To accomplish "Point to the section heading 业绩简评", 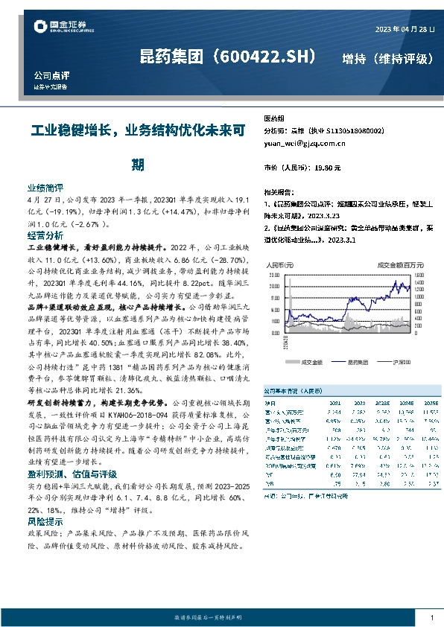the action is (x=45, y=188).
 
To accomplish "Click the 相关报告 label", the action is (x=279, y=191).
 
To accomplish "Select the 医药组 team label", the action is (x=274, y=118).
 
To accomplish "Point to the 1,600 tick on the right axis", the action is (x=418, y=274).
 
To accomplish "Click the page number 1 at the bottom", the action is (x=431, y=617).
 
